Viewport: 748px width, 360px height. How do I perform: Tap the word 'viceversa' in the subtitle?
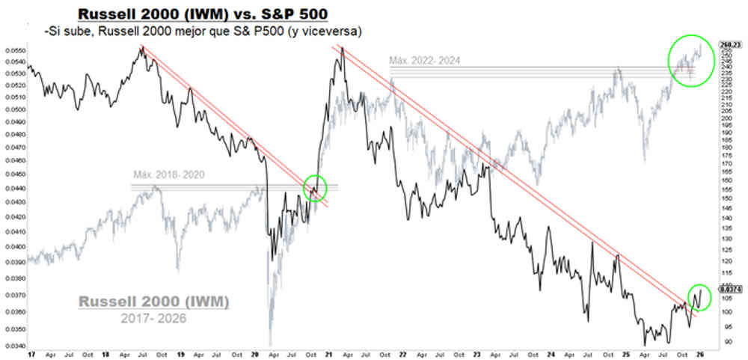tap(335, 31)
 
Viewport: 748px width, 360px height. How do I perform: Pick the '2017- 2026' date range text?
tap(153, 319)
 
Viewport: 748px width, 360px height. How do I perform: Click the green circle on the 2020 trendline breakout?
tap(315, 187)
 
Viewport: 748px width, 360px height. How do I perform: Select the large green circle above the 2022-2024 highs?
tap(692, 59)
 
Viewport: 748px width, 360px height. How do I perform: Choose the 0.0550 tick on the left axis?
tap(13, 50)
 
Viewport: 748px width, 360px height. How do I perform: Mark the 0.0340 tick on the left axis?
tap(13, 346)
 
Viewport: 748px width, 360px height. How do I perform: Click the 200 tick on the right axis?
tap(726, 118)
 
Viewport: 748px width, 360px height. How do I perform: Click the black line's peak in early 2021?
tap(341, 48)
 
